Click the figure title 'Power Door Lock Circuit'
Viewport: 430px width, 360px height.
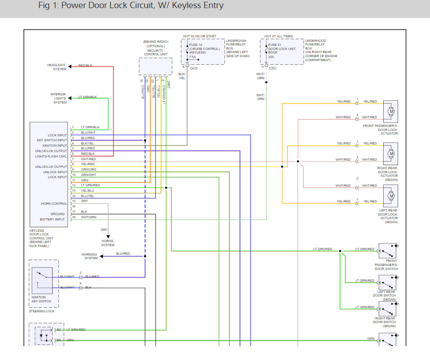(x=130, y=6)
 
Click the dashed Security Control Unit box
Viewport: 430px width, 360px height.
(x=155, y=67)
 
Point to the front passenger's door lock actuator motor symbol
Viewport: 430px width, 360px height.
(x=390, y=111)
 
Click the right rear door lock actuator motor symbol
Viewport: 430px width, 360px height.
(x=390, y=153)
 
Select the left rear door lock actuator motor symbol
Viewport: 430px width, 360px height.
(x=390, y=195)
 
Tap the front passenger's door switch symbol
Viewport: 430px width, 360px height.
(x=387, y=251)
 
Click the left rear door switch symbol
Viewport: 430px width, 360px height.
(x=387, y=282)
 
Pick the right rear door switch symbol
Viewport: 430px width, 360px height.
(x=387, y=309)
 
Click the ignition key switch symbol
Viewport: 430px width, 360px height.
(x=42, y=280)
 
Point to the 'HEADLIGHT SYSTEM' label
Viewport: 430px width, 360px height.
(x=57, y=67)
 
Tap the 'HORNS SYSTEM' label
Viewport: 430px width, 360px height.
(x=107, y=243)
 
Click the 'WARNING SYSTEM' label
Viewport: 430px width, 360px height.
(x=90, y=256)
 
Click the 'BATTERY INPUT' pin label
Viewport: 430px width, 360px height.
(x=52, y=220)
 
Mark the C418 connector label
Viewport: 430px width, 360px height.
(x=194, y=68)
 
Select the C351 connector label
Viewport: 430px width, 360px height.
(x=273, y=68)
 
